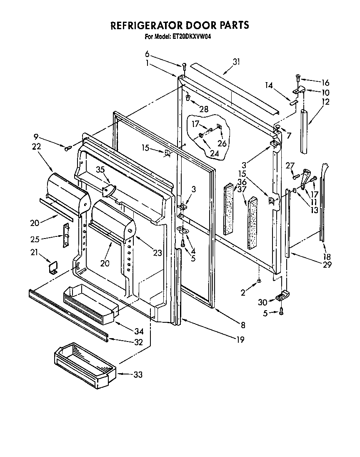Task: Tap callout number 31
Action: tap(237, 62)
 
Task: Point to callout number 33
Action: tap(138, 375)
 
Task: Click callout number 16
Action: tap(325, 82)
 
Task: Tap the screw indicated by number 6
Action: tap(184, 65)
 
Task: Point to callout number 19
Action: tap(240, 339)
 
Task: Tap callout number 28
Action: tap(204, 109)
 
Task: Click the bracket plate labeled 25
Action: tap(65, 236)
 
